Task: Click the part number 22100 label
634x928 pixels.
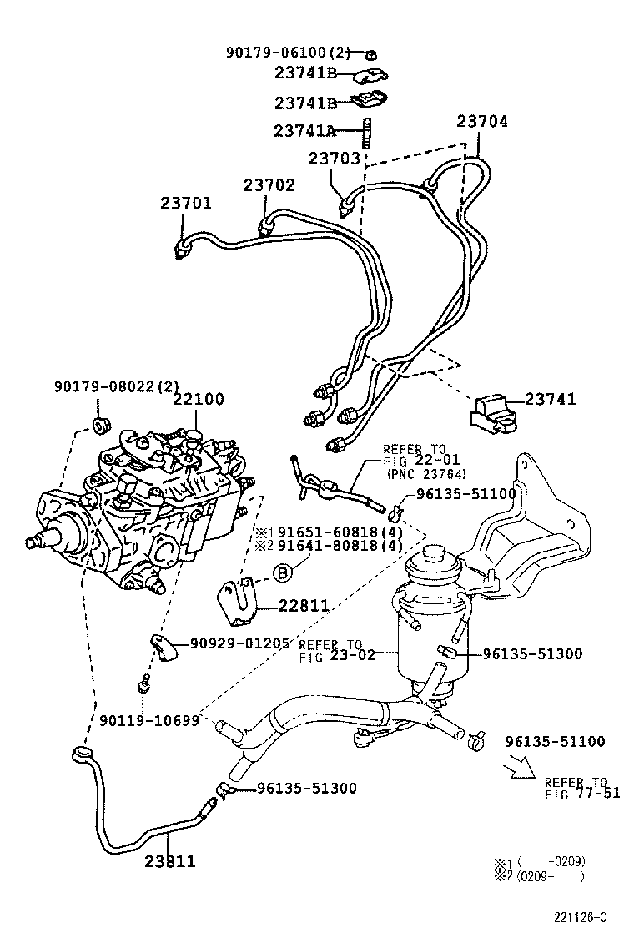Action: coord(199,400)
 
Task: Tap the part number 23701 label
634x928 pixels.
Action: coord(186,204)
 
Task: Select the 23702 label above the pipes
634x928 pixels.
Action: coord(269,185)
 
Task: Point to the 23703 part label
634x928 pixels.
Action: coord(334,158)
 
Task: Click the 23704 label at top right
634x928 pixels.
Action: coord(481,122)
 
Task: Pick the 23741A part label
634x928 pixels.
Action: coord(304,130)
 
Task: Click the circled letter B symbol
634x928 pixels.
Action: coord(283,572)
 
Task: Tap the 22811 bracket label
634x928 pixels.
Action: coord(280,606)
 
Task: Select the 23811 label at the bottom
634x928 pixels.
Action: coord(169,861)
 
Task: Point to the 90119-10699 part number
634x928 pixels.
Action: coord(149,720)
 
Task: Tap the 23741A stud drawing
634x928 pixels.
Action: coord(365,131)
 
